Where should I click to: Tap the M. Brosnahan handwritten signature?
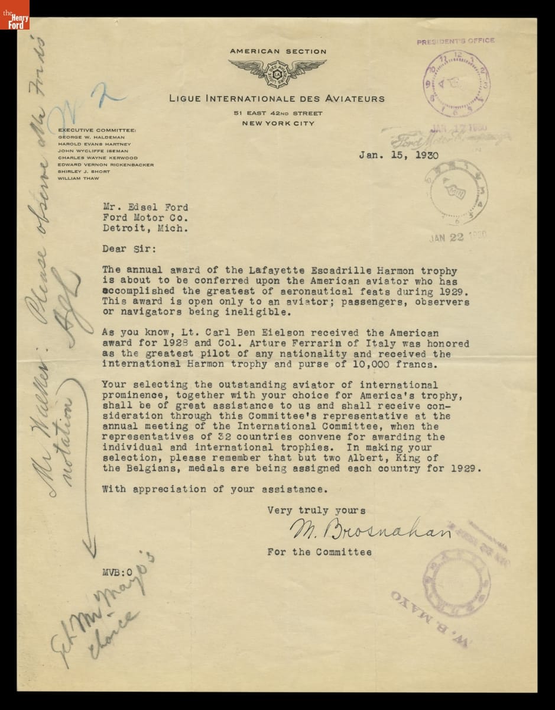pos(371,530)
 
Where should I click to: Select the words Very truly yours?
pos(316,509)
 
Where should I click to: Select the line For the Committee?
pos(319,552)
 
